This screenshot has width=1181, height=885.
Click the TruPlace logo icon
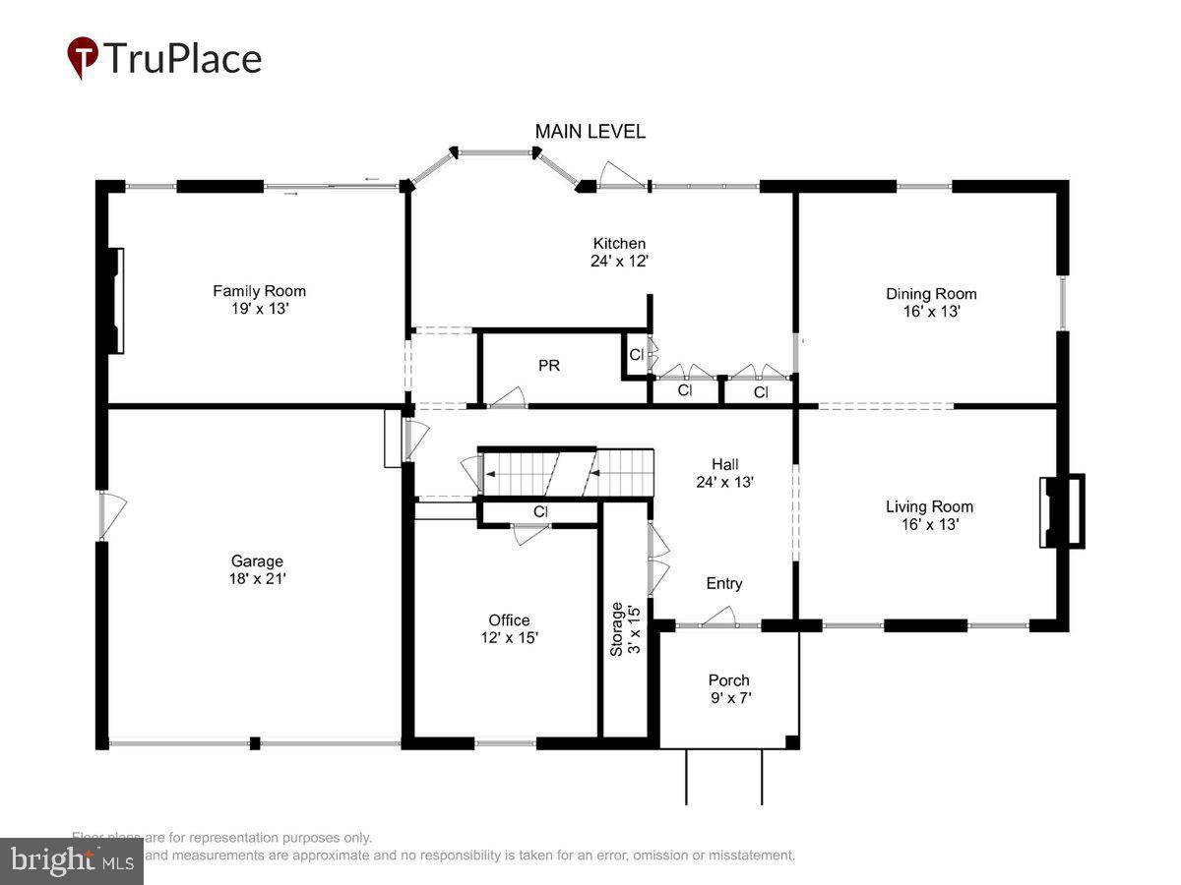click(x=83, y=57)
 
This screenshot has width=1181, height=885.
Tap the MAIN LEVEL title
click(x=590, y=132)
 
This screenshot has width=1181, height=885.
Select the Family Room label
click(x=259, y=291)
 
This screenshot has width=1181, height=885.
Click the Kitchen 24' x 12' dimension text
click(x=618, y=262)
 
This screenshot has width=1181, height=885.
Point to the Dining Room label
click(x=930, y=294)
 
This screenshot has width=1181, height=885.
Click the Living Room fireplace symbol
click(x=1063, y=511)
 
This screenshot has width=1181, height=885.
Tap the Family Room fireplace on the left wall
click(x=117, y=301)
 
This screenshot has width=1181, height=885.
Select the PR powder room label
click(x=548, y=366)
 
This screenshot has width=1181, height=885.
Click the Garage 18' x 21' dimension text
click(x=257, y=579)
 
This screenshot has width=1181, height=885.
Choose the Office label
click(x=509, y=620)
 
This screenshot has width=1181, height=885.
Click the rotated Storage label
click(x=617, y=629)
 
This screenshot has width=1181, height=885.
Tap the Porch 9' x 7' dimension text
click(x=728, y=698)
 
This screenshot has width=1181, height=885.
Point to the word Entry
click(x=723, y=584)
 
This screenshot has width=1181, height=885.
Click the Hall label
click(x=724, y=464)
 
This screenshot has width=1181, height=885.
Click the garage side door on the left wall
click(x=110, y=514)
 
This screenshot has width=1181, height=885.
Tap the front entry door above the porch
click(x=720, y=619)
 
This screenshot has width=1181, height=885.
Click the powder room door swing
click(x=509, y=397)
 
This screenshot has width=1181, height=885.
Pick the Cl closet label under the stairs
click(x=540, y=512)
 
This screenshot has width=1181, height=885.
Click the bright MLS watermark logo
click(x=71, y=860)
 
